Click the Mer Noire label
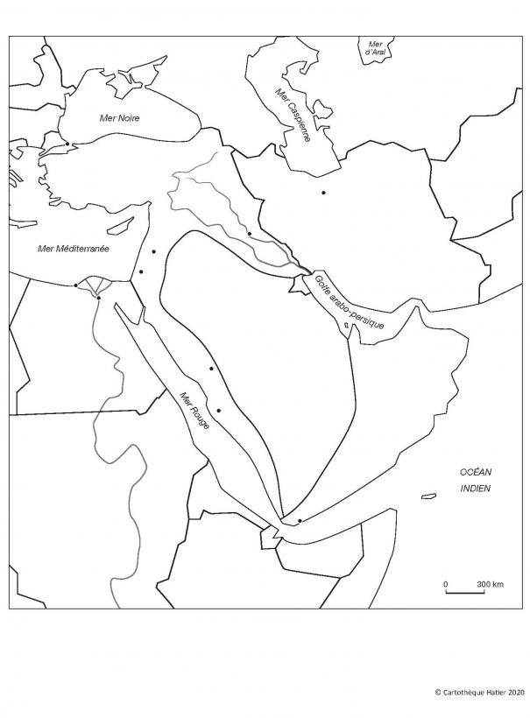120,118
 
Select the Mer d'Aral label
376,48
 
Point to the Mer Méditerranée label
74,249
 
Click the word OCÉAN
476,472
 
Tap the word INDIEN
476,489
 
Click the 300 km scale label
490,583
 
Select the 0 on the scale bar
445,583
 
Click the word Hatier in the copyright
491,692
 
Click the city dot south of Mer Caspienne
323,193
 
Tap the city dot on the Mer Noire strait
67,144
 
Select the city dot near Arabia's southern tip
300,521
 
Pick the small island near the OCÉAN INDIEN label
428,496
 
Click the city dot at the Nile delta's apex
99,299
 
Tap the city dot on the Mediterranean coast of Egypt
76,285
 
